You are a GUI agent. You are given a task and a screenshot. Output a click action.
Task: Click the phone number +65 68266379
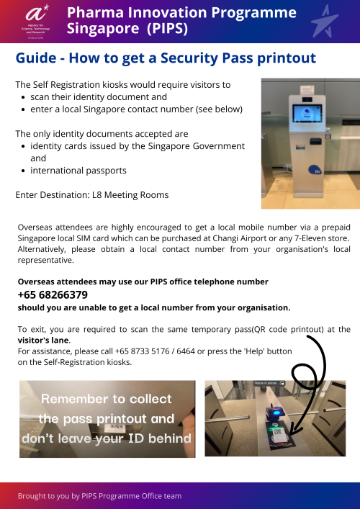click(x=53, y=294)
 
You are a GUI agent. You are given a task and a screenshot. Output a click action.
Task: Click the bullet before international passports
click(x=24, y=171)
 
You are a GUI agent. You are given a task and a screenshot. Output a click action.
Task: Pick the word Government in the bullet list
click(x=216, y=146)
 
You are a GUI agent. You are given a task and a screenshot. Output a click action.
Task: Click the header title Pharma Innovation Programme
click(x=181, y=13)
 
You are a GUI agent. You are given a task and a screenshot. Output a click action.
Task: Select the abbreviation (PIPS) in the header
click(x=173, y=29)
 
